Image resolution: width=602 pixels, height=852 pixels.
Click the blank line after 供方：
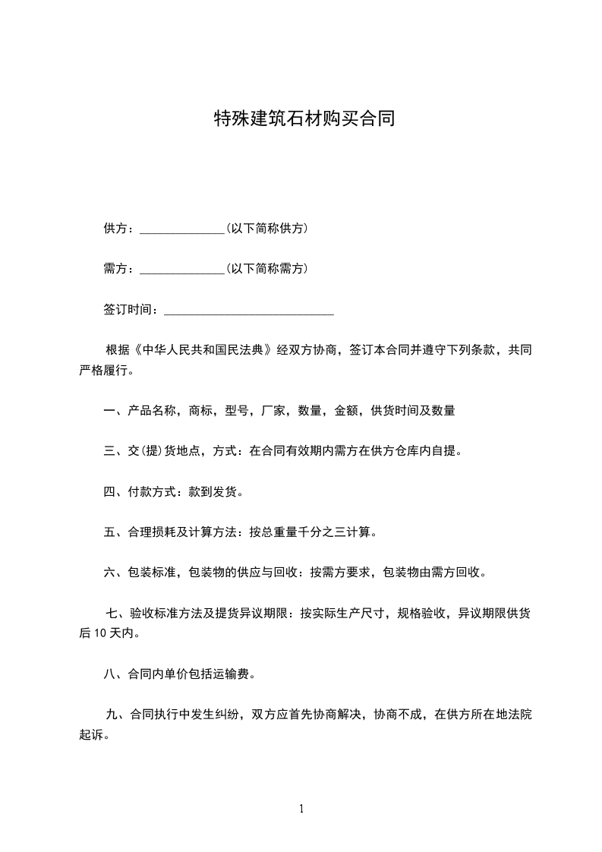tap(181, 229)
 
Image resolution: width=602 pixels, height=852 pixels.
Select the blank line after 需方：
tap(181, 270)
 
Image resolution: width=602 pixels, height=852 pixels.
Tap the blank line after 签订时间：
tap(249, 311)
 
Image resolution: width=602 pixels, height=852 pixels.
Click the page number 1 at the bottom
tap(301, 809)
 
